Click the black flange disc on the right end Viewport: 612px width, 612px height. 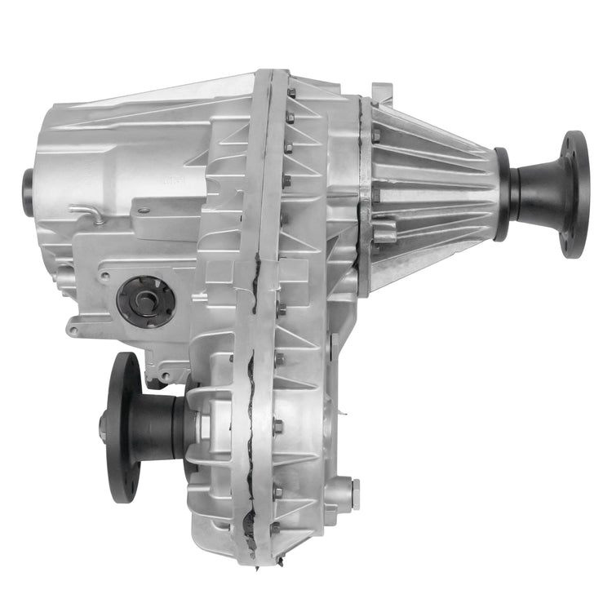575,193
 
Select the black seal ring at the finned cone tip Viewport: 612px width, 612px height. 503,193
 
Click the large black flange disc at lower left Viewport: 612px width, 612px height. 123,425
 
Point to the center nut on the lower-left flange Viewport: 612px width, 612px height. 104,425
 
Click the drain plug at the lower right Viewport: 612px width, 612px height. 353,494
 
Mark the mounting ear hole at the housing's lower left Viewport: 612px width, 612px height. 74,331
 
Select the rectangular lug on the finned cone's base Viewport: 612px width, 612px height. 384,233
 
